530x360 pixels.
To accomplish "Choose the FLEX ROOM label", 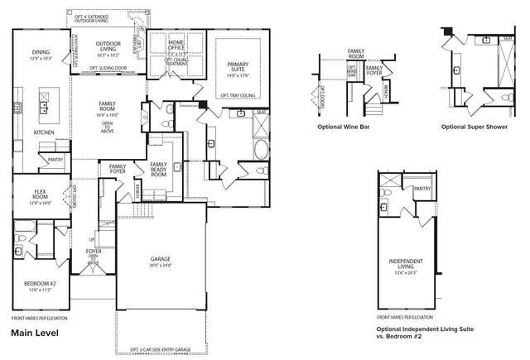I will [x=41, y=194].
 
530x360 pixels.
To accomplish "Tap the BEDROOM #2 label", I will [x=40, y=286].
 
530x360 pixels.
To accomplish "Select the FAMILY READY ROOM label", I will [x=158, y=170].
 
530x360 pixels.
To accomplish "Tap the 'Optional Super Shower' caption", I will [x=475, y=127].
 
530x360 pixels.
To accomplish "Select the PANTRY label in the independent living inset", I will [x=420, y=189].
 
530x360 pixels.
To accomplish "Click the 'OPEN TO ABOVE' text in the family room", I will [x=108, y=127].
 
